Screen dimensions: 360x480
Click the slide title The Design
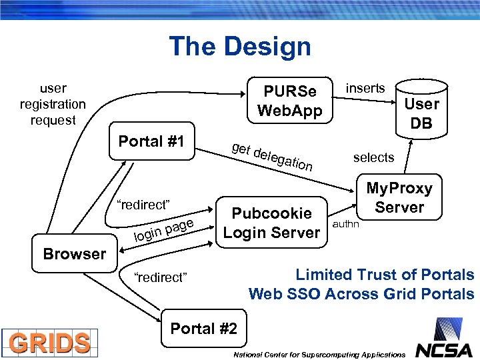click(240, 47)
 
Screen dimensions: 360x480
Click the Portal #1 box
click(151, 141)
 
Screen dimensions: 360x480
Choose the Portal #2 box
click(203, 329)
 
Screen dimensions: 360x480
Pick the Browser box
click(74, 254)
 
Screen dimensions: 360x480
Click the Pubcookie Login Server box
click(271, 223)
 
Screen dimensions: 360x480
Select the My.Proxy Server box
click(399, 198)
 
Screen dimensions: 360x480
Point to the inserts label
click(365, 88)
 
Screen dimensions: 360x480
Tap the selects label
click(373, 157)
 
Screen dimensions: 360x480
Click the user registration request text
click(53, 104)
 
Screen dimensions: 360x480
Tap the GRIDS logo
click(50, 343)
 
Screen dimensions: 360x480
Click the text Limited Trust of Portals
click(385, 275)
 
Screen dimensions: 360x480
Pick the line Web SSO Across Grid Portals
click(361, 294)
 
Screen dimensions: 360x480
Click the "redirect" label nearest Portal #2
click(161, 277)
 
